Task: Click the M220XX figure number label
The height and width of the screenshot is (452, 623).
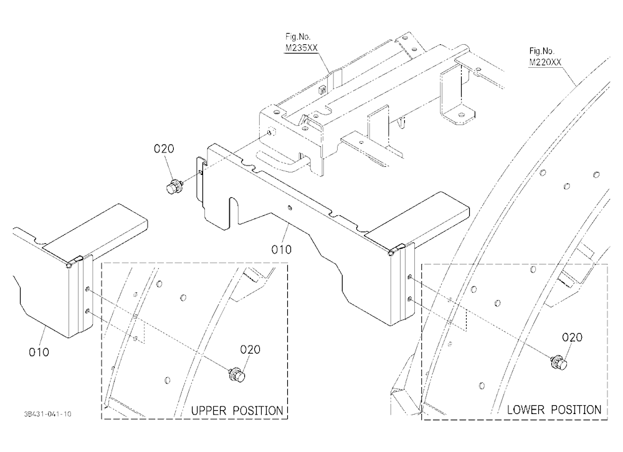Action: coord(545,62)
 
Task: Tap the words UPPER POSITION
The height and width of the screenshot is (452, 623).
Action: coord(237,410)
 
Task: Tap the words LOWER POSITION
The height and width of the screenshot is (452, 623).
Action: coord(554,410)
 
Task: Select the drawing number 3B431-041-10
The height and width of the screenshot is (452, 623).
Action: coord(48,414)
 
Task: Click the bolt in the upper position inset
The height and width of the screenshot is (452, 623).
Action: coord(237,375)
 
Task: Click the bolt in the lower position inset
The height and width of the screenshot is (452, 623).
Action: coord(559,362)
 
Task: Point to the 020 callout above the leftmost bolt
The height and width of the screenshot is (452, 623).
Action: coord(164,149)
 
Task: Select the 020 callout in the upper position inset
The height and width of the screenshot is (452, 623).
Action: coord(250,349)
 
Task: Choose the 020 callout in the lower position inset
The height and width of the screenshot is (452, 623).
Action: coord(572,337)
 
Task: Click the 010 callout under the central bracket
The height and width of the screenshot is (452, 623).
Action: coord(282,250)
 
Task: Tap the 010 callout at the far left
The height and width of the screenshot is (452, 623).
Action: coord(39,352)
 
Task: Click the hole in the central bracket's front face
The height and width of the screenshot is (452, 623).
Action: coord(290,207)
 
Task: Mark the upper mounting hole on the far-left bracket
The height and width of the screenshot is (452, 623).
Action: coord(87,290)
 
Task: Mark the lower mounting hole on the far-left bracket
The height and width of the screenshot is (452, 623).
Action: coord(87,311)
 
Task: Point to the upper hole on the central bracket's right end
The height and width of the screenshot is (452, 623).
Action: coord(410,276)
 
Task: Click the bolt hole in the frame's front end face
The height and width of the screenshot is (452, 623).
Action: coord(270,132)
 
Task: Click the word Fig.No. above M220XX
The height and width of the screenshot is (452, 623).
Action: coord(541,51)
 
